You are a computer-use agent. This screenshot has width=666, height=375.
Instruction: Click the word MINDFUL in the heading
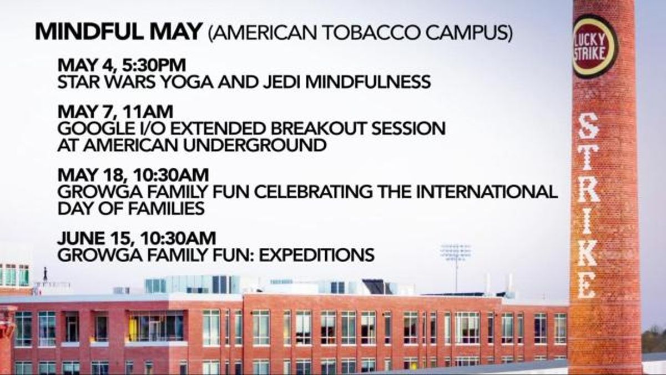[x=89, y=32]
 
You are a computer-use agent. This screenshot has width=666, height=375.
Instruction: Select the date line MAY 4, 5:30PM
[x=122, y=65]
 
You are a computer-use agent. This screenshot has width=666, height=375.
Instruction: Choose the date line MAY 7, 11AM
[x=115, y=112]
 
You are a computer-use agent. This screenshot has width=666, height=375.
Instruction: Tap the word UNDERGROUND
[x=255, y=146]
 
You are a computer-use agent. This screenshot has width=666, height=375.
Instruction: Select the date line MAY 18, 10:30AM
[x=133, y=175]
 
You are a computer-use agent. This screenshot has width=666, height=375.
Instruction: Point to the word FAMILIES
[x=166, y=208]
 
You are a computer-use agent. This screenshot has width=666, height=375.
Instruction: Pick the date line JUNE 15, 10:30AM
[x=137, y=238]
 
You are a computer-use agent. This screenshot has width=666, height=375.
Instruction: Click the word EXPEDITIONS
[x=317, y=255]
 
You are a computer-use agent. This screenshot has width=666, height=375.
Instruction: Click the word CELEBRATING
[x=314, y=192]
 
